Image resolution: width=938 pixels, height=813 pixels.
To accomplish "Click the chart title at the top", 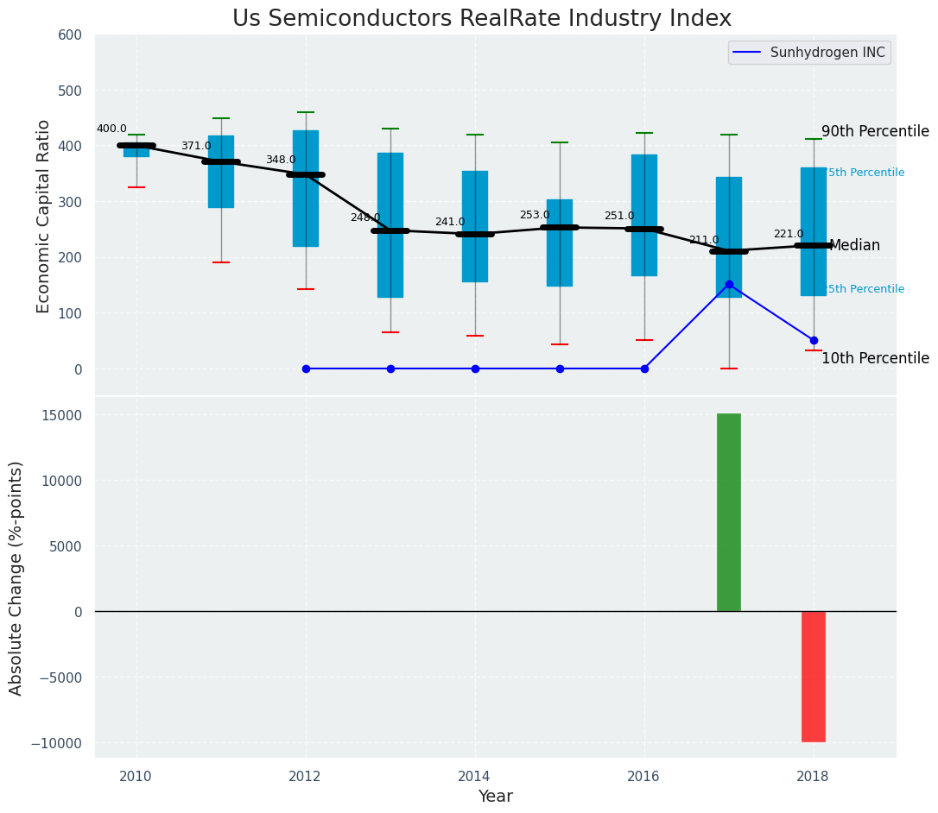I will pyautogui.click(x=481, y=18).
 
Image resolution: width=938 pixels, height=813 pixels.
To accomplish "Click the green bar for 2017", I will pyautogui.click(x=728, y=512).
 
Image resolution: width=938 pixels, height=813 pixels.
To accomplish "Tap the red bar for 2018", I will pyautogui.click(x=813, y=676).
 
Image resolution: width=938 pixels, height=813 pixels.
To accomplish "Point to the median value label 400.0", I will pyautogui.click(x=111, y=129).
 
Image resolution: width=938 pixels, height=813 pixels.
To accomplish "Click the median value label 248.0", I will pyautogui.click(x=364, y=217).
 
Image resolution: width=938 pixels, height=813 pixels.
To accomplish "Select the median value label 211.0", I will pyautogui.click(x=703, y=240).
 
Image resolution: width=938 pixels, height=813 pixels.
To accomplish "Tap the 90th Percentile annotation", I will pyautogui.click(x=874, y=132).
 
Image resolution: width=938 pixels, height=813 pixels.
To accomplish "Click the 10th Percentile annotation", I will pyautogui.click(x=874, y=358).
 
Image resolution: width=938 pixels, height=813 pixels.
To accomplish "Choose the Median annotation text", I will pyautogui.click(x=854, y=246).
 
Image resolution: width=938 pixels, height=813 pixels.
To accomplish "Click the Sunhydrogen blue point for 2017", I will pyautogui.click(x=729, y=284).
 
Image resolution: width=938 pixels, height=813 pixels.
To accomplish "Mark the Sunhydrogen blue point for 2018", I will pyautogui.click(x=814, y=340).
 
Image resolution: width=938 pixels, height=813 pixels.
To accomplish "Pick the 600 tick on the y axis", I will pyautogui.click(x=70, y=35).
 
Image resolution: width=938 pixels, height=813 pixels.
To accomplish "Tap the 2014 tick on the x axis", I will pyautogui.click(x=474, y=776).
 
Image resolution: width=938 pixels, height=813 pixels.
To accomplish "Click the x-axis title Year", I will pyautogui.click(x=495, y=797).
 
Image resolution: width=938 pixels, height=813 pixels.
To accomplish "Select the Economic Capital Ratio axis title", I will pyautogui.click(x=44, y=216).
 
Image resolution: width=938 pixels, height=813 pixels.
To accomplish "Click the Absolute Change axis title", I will pyautogui.click(x=16, y=577).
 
